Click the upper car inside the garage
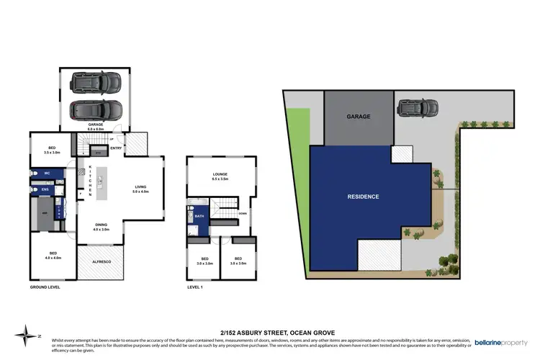point(96,83)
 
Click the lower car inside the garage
point(96,110)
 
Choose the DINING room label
point(101,226)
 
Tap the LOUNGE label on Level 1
point(221,175)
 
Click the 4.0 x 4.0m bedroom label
point(53,255)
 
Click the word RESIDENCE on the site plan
point(363,197)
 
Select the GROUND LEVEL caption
point(45,287)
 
